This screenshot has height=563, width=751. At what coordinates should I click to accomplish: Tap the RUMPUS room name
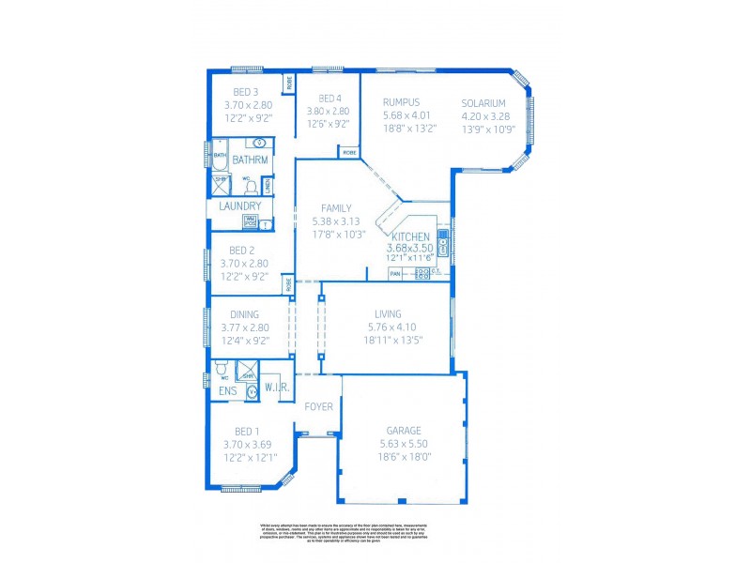[401, 102]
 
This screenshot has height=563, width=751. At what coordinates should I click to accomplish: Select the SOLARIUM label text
[483, 103]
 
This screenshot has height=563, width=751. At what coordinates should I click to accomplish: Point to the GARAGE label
[404, 432]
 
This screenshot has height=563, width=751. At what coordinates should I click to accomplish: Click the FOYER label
[319, 406]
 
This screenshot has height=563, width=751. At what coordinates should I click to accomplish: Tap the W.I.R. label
[275, 387]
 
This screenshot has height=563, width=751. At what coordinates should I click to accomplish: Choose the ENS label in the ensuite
[227, 390]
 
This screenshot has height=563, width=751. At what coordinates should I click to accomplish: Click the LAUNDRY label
[240, 206]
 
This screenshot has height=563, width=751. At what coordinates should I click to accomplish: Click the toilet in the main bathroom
[251, 186]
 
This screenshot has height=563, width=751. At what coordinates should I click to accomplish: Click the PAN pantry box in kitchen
[395, 274]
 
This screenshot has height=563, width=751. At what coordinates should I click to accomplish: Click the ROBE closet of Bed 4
[349, 152]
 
